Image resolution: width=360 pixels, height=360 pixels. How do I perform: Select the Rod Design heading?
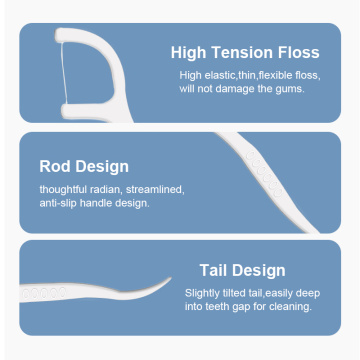84,166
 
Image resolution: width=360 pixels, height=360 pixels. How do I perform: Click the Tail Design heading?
242,270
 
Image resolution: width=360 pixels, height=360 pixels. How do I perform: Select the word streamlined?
156,189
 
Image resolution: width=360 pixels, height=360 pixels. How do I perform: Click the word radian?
112,189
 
